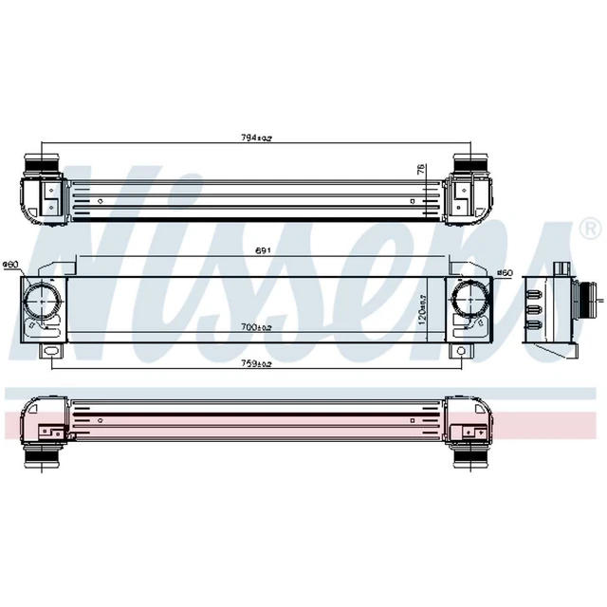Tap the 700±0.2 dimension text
[257, 327]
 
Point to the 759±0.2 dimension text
[256, 364]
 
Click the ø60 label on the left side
[11, 264]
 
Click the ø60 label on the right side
[505, 274]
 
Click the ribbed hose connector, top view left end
[44, 165]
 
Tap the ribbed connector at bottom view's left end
[44, 459]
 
